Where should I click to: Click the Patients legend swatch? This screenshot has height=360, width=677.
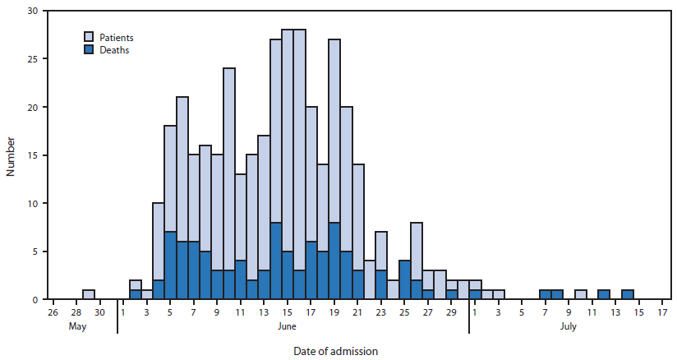90,37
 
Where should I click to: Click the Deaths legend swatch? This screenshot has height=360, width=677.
90,49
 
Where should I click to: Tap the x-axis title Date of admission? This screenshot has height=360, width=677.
335,351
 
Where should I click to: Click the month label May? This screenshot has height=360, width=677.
76,326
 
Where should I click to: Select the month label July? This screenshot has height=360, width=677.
569,326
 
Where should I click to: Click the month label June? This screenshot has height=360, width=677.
288,326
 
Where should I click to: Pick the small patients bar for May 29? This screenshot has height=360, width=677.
88,294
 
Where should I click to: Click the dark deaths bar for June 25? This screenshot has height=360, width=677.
405,279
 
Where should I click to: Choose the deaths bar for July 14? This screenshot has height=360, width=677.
628,294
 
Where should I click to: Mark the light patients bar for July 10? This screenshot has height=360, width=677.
581,294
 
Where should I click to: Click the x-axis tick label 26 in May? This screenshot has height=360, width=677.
53,312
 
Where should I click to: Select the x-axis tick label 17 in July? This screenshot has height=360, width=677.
663,312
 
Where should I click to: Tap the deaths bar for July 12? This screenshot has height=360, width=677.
604,294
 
